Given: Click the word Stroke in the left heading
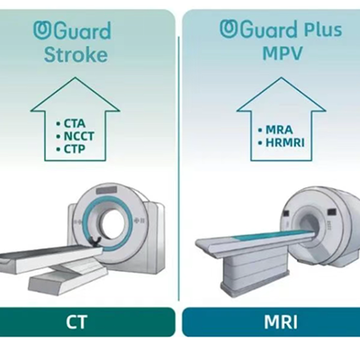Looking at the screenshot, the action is pyautogui.click(x=76, y=55).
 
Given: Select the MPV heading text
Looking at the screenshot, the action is pyautogui.click(x=283, y=53).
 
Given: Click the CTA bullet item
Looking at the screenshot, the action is pyautogui.click(x=71, y=123).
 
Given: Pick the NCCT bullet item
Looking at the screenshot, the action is pyautogui.click(x=75, y=136).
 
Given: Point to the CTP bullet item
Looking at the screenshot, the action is pyautogui.click(x=71, y=148).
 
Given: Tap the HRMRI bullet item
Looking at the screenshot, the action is pyautogui.click(x=281, y=142).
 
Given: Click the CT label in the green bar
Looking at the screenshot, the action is pyautogui.click(x=76, y=321).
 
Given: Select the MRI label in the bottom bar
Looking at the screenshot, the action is pyautogui.click(x=281, y=321).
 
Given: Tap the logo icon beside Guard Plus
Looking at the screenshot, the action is pyautogui.click(x=229, y=29).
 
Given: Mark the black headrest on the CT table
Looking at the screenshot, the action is pyautogui.click(x=96, y=241).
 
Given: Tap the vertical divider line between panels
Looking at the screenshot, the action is pyautogui.click(x=179, y=168).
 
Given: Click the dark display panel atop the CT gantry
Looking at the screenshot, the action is pyautogui.click(x=106, y=190).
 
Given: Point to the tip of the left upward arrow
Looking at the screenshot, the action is pyautogui.click(x=75, y=77).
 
